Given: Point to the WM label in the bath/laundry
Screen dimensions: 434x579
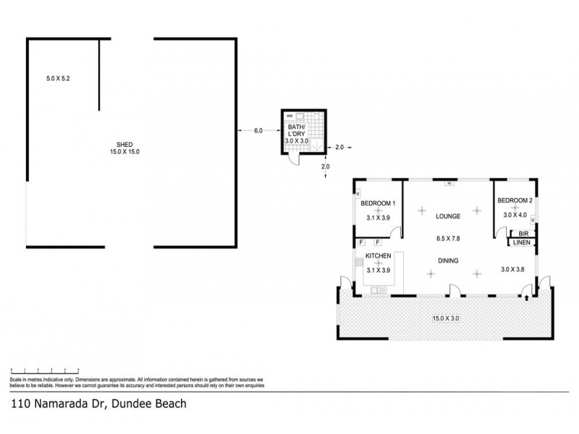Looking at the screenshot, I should pos(289,116).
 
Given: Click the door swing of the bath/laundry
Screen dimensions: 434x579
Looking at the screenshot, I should pos(291,161).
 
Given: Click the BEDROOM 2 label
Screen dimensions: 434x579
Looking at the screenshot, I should pos(515,200).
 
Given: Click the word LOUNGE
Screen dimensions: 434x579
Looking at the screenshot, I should pos(449,216).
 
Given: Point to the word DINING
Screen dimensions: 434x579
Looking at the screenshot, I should pos(449,261).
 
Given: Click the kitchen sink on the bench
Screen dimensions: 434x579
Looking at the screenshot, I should pos(375,290).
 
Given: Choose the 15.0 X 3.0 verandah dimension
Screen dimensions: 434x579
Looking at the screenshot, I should pos(444,317).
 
